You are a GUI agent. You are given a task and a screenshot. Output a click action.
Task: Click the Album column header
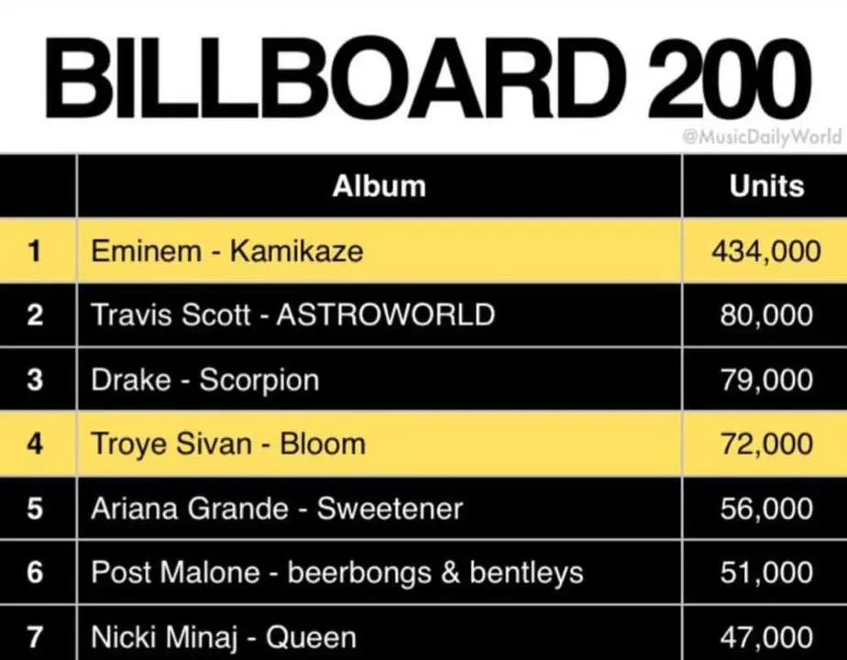point(379,186)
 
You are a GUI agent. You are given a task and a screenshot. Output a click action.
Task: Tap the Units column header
point(766,186)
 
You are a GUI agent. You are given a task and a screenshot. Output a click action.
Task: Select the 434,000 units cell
point(766,251)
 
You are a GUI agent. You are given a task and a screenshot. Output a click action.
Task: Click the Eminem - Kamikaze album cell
point(227,251)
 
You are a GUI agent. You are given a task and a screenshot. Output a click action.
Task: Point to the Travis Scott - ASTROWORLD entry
point(292,314)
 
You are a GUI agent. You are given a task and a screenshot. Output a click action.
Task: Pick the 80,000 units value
point(766,315)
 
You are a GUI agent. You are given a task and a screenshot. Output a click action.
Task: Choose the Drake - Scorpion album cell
point(204,380)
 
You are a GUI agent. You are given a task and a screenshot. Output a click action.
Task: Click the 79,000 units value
point(766,379)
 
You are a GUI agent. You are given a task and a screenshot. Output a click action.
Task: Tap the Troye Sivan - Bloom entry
point(228,445)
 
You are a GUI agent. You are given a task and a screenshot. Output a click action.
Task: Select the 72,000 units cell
point(766,444)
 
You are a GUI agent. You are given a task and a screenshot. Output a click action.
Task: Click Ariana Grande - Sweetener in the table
point(277,508)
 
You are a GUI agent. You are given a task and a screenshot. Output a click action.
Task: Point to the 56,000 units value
point(766,508)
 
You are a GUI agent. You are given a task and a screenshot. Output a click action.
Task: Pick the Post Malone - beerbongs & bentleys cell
point(337,573)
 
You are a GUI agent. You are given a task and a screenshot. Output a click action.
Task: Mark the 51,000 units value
point(766,573)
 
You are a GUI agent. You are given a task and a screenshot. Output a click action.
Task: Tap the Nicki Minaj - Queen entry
point(224,637)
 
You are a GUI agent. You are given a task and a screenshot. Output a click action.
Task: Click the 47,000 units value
point(766,637)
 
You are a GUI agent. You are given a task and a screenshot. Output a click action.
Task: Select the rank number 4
point(35,444)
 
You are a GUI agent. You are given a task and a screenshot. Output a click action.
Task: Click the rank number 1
point(35,251)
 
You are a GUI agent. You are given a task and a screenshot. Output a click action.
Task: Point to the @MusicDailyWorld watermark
point(762,136)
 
